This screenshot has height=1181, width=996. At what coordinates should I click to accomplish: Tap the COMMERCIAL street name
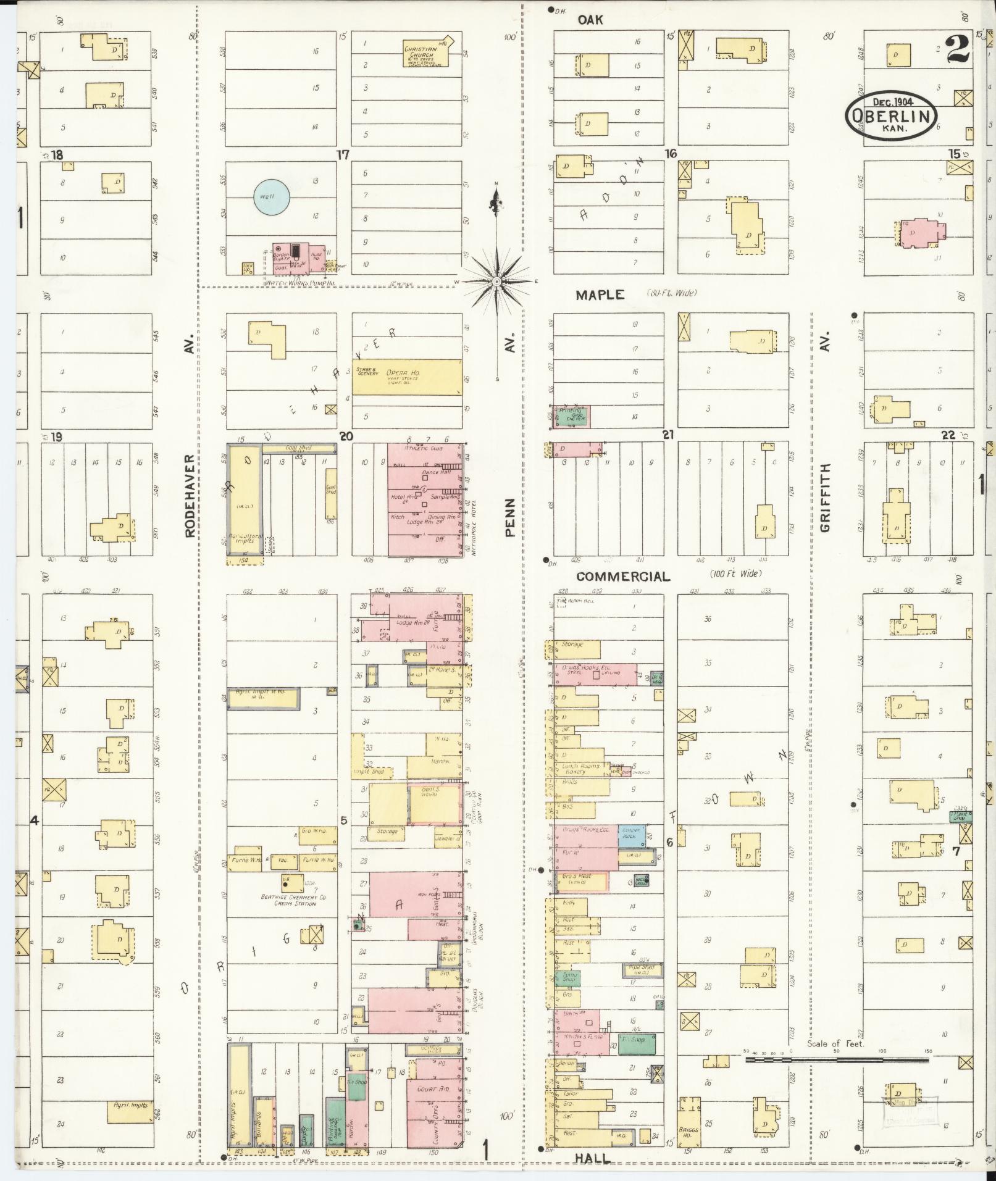click(x=622, y=577)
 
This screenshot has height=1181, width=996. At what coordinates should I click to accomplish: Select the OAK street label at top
click(x=590, y=20)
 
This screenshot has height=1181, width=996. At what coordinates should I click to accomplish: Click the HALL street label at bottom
click(x=592, y=1159)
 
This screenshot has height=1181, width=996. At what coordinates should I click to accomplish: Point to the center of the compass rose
click(x=496, y=282)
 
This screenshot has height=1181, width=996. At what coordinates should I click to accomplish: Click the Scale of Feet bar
click(x=837, y=1059)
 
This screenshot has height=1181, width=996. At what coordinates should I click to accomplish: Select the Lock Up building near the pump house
click(x=249, y=269)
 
